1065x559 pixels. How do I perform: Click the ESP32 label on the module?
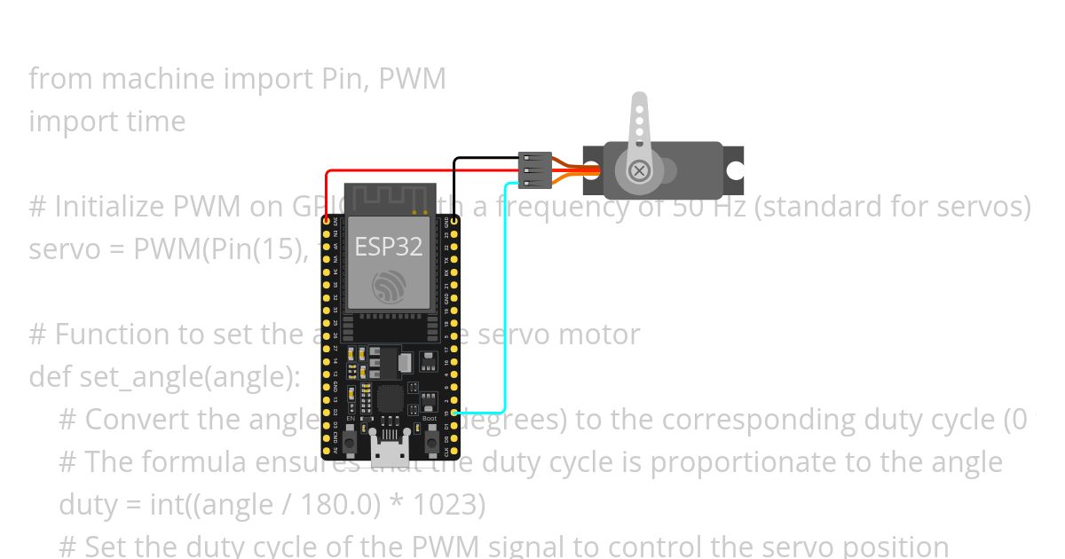(x=389, y=247)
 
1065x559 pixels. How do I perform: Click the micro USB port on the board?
(x=390, y=452)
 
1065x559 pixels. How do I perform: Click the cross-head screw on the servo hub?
(x=638, y=171)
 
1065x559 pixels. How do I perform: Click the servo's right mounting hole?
(x=734, y=171)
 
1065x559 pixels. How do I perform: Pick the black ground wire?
(x=484, y=159)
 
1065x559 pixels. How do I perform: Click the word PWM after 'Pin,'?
(x=412, y=79)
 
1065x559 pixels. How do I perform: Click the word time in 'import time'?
(x=158, y=122)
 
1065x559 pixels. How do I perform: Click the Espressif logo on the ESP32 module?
(x=389, y=286)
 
